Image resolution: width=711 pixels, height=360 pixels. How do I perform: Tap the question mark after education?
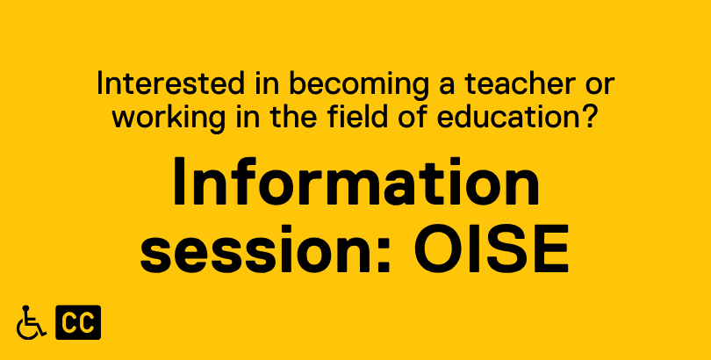point(589,116)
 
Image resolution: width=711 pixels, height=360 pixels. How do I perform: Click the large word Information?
point(356,181)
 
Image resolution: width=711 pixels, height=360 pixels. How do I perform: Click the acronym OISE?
point(491,248)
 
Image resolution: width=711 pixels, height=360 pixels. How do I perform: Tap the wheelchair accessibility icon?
point(31,322)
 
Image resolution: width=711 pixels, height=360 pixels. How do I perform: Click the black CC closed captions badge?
point(78,322)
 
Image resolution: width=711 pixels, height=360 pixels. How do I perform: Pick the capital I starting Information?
point(180,181)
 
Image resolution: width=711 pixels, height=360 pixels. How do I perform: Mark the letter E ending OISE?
point(551,248)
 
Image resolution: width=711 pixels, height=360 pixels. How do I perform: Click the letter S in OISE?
point(507,248)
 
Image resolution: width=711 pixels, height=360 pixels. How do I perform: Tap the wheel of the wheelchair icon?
point(26,328)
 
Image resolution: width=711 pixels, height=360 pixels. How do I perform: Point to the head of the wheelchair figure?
point(25,309)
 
